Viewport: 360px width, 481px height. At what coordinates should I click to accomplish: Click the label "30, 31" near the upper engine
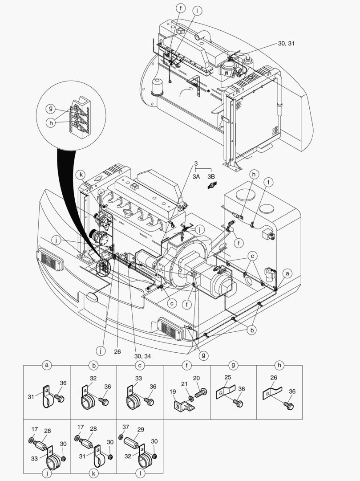click(x=286, y=44)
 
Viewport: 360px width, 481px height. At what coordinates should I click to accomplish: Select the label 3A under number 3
click(x=196, y=176)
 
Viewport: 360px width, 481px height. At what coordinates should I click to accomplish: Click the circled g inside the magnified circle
click(x=51, y=108)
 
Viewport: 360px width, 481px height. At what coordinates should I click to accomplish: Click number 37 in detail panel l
click(x=125, y=427)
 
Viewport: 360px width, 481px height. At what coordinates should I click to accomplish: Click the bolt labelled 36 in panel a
click(x=59, y=397)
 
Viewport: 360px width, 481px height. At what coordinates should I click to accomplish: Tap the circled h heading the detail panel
click(x=279, y=366)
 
